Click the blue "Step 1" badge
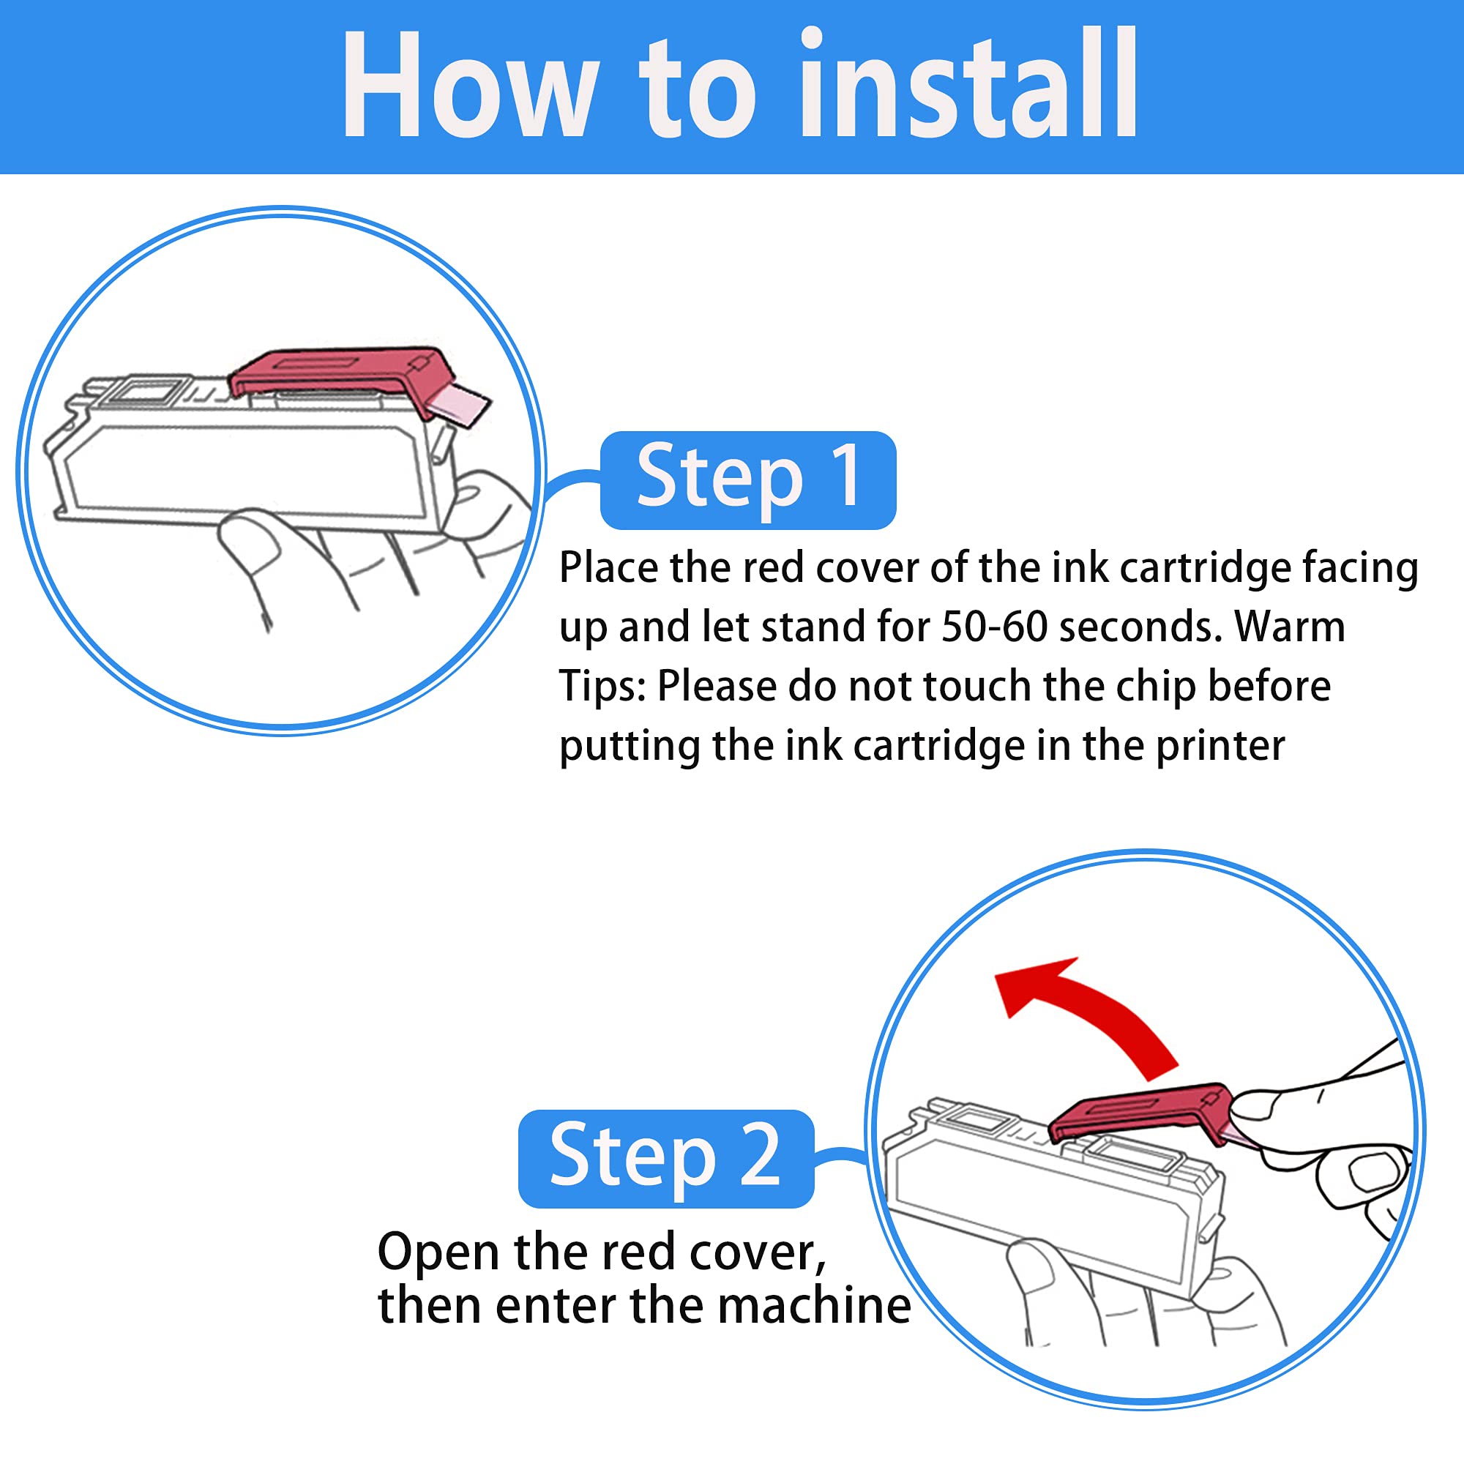[748, 479]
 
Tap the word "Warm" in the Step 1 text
[1290, 627]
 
